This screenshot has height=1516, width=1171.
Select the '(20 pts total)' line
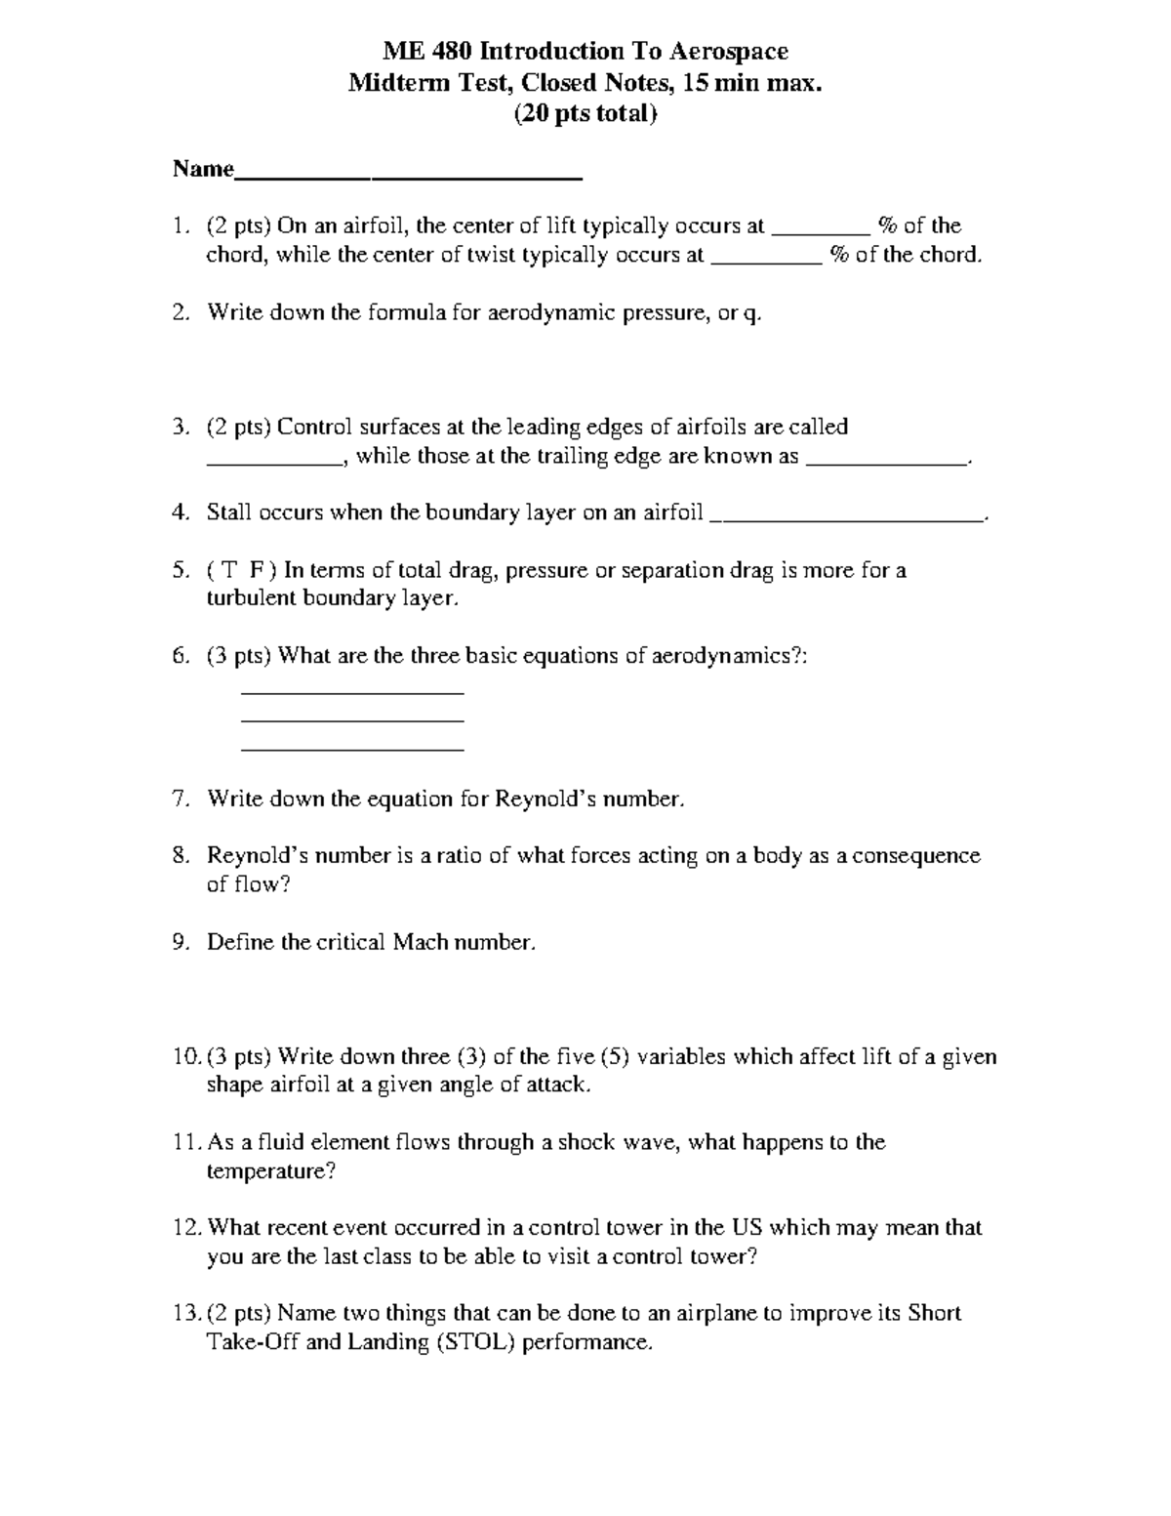point(585,114)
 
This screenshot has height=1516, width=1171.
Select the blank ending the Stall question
point(848,521)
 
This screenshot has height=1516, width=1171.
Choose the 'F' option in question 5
point(258,570)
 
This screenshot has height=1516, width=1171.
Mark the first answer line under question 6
point(351,693)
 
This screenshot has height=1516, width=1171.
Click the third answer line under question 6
point(351,750)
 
